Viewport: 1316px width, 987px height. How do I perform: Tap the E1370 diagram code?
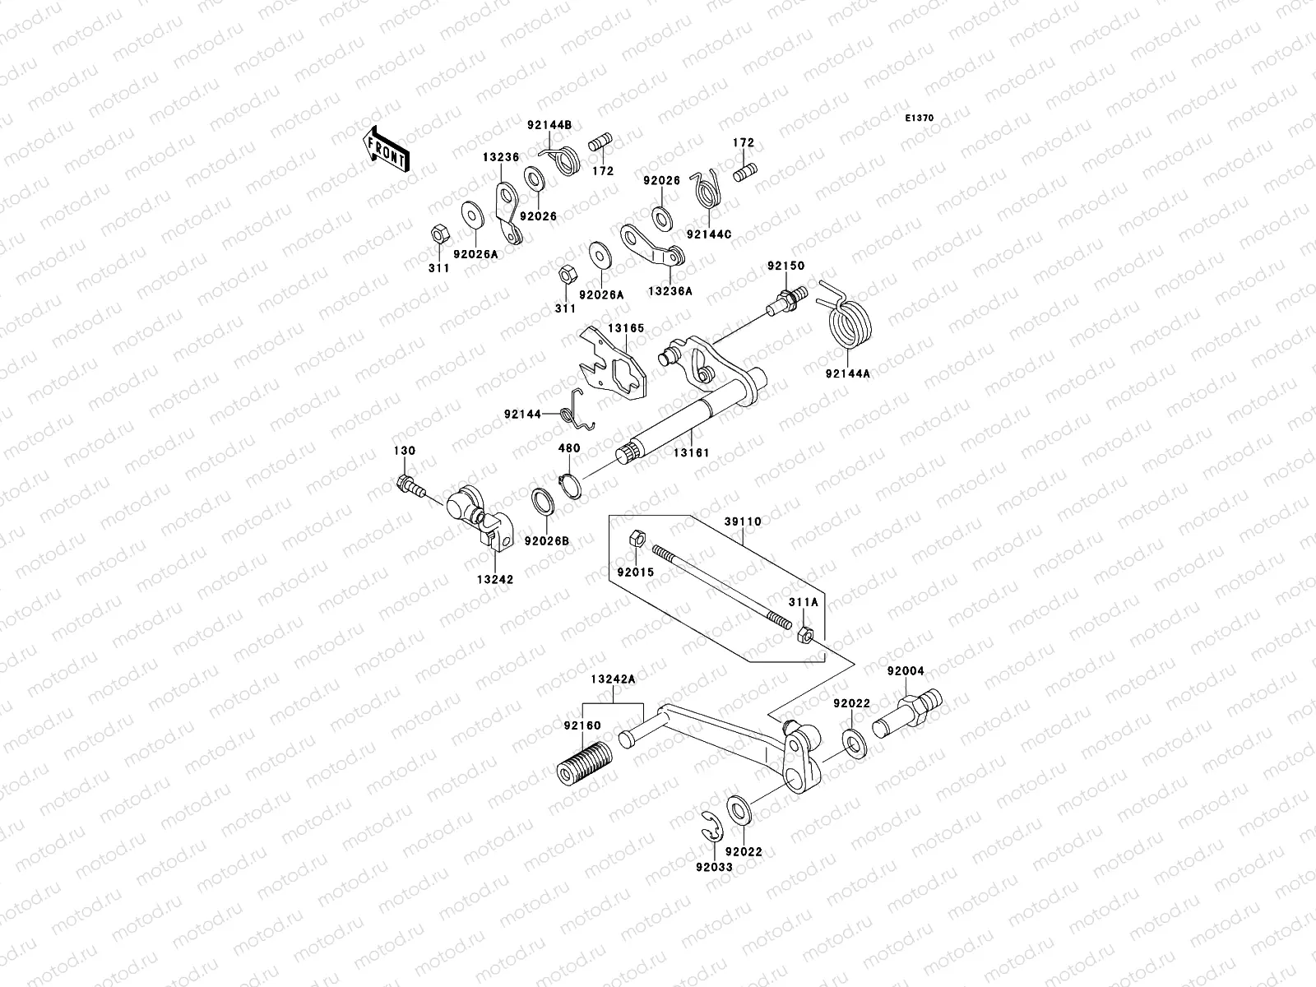[x=920, y=118]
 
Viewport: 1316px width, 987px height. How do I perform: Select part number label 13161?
[x=693, y=452]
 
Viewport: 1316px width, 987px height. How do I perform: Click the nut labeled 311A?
[x=807, y=634]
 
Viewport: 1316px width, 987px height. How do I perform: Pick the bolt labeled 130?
[x=409, y=487]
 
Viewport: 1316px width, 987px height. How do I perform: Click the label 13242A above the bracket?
[x=613, y=679]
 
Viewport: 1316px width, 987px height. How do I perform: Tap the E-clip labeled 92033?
[x=707, y=822]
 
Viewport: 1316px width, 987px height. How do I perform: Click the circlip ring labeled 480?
[x=572, y=484]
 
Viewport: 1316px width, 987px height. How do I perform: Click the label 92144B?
[x=549, y=125]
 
